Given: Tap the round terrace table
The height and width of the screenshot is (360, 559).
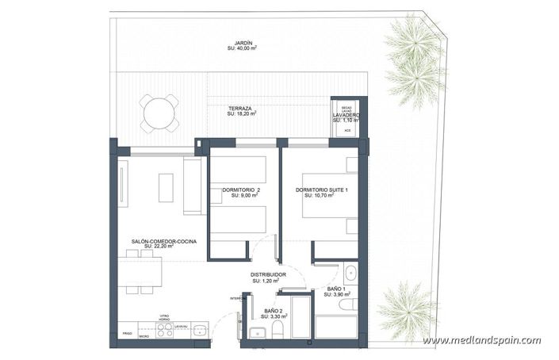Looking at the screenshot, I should click(x=160, y=113).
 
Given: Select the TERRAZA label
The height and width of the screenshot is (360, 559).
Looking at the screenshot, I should click(x=240, y=108).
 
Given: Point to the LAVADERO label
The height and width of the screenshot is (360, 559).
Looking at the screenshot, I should click(x=346, y=116).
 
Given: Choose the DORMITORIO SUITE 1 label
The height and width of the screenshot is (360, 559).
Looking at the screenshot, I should click(x=322, y=190).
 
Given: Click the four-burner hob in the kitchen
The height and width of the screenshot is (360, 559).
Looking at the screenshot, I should click(x=165, y=331).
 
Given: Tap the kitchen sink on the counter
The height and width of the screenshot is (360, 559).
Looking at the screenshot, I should click(x=198, y=331).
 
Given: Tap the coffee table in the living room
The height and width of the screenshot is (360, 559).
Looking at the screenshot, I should click(x=166, y=188).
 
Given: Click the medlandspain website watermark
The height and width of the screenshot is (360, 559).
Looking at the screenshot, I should click(x=481, y=340).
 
